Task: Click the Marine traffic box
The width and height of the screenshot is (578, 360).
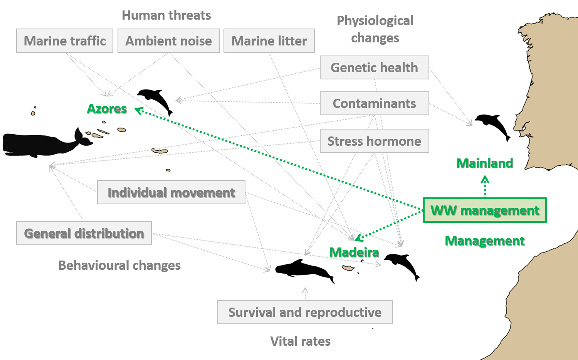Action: click(x=64, y=41)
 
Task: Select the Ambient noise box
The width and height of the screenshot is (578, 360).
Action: click(x=168, y=41)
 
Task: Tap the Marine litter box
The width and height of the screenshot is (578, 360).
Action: click(x=269, y=41)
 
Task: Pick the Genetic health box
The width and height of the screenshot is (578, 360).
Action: click(x=375, y=67)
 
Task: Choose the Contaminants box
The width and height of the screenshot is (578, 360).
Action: click(x=375, y=103)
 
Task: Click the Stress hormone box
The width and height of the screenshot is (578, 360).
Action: click(x=375, y=141)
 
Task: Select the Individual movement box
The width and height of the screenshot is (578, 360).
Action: click(x=171, y=192)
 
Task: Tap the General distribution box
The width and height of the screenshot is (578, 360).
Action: click(x=84, y=233)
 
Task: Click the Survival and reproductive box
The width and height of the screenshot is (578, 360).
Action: click(x=305, y=312)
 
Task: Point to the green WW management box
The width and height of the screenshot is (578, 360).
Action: click(x=485, y=210)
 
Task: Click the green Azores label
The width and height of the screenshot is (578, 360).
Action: click(x=107, y=109)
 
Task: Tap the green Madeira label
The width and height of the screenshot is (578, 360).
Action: click(x=354, y=252)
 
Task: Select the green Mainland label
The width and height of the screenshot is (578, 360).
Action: click(x=485, y=163)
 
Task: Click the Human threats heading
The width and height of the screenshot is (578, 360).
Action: click(x=166, y=15)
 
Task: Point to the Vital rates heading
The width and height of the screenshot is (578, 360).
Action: click(x=300, y=341)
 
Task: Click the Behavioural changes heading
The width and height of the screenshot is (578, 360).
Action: click(x=119, y=265)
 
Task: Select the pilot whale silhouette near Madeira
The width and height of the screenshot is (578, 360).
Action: click(x=304, y=271)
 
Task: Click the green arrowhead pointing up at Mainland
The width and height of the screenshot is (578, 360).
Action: click(x=485, y=179)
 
